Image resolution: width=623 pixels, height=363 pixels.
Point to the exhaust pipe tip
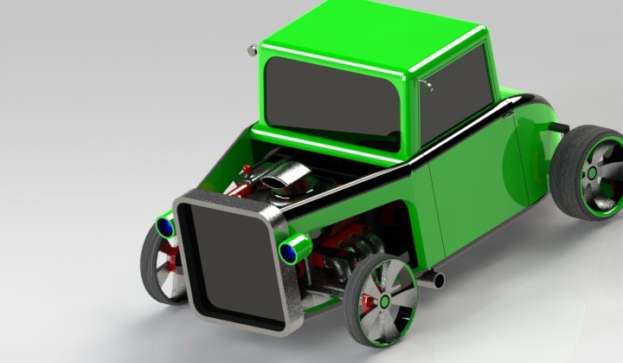[438, 280]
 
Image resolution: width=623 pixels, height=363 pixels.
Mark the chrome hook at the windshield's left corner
[253, 49]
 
